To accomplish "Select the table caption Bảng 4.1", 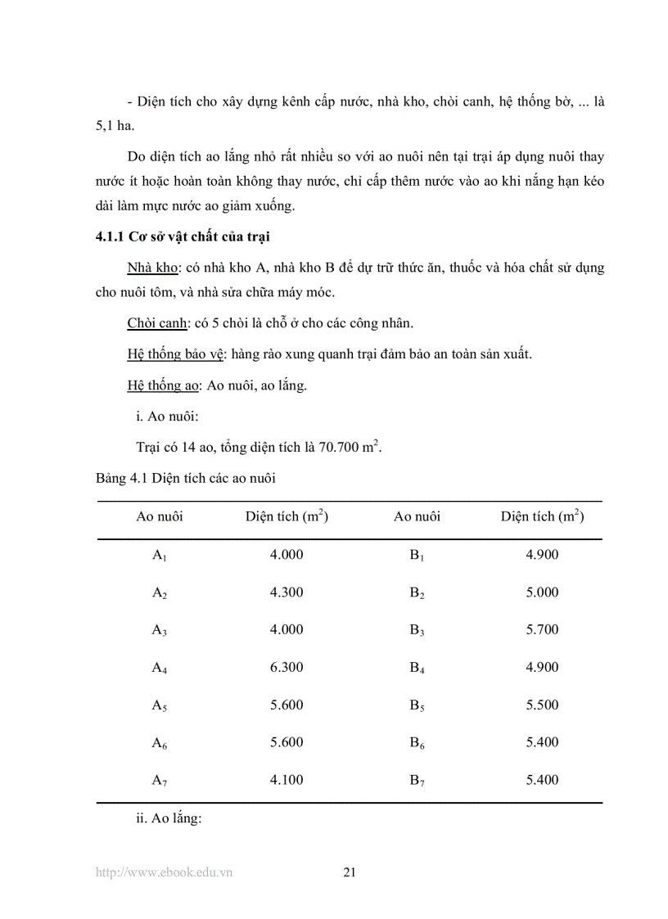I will (x=185, y=479).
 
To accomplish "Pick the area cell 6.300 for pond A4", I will (x=287, y=667).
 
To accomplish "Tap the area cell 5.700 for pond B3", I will (x=542, y=629).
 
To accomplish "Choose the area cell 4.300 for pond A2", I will (x=287, y=592).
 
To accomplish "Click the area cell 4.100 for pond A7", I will (x=287, y=780).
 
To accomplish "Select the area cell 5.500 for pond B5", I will (x=542, y=705).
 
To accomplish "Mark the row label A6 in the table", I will (x=160, y=743).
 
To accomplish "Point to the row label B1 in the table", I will (x=417, y=555).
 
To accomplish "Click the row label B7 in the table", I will (x=417, y=781).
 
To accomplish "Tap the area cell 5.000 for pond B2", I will (x=542, y=592).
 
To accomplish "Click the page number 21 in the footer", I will (x=350, y=872).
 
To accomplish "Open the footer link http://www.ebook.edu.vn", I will (x=165, y=872).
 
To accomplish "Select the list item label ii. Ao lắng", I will (x=168, y=818).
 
